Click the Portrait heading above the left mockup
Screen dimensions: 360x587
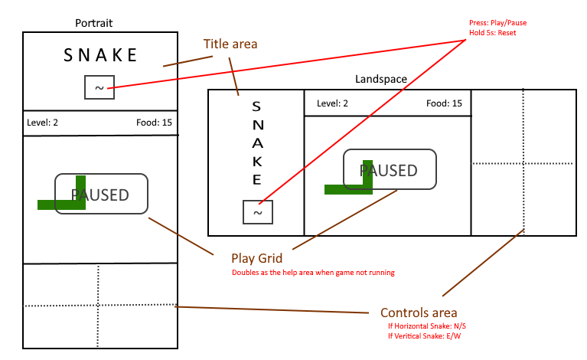(95, 23)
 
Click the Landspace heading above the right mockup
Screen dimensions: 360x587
(381, 79)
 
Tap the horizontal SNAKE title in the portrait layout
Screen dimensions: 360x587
(100, 55)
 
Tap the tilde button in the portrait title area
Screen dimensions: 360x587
(99, 88)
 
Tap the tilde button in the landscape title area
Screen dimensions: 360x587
(258, 212)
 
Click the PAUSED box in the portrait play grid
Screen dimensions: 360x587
(101, 194)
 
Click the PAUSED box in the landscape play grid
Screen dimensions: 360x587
(390, 169)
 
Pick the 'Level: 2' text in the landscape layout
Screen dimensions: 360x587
(333, 103)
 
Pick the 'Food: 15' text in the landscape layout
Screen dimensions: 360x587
(444, 103)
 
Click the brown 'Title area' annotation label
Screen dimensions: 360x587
(230, 44)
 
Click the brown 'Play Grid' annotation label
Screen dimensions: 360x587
(257, 258)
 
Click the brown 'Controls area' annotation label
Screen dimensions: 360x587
(419, 313)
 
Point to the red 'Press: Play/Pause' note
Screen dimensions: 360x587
(497, 23)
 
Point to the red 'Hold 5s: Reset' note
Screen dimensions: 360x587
(493, 33)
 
